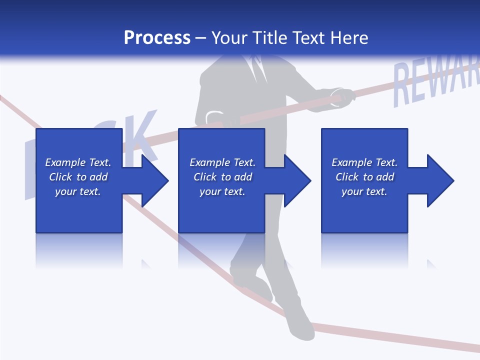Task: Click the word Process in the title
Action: pyautogui.click(x=157, y=38)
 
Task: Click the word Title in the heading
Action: pyautogui.click(x=270, y=38)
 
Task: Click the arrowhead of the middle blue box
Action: pyautogui.click(x=296, y=180)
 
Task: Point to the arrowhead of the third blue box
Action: pyautogui.click(x=439, y=180)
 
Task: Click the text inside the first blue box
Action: pyautogui.click(x=78, y=177)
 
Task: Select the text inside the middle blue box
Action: pyautogui.click(x=222, y=177)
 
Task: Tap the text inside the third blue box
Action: pyautogui.click(x=364, y=177)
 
